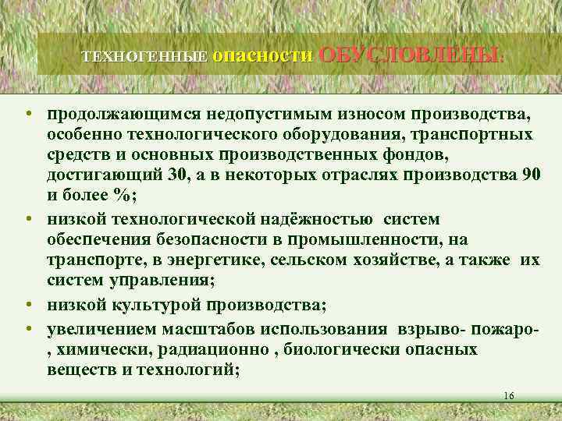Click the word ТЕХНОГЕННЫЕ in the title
tap(145, 57)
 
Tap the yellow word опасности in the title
tap(262, 55)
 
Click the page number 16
tap(509, 396)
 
